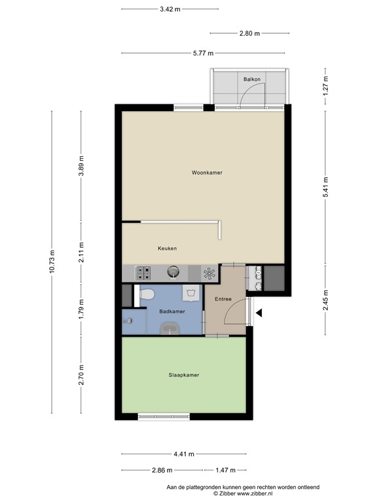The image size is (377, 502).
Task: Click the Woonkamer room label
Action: tap(207, 173)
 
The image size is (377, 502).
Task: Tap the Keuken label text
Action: tap(167, 248)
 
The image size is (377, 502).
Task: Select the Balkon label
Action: tap(251, 79)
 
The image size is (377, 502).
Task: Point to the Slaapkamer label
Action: tap(184, 375)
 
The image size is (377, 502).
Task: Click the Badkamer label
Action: tap(172, 311)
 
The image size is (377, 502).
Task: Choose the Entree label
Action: tap(223, 299)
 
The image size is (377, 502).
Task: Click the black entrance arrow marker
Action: tap(259, 313)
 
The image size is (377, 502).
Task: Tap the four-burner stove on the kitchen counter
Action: tap(143, 273)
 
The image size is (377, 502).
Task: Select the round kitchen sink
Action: tap(173, 273)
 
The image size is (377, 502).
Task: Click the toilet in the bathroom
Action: tap(147, 293)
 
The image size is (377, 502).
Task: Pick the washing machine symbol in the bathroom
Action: tap(190, 293)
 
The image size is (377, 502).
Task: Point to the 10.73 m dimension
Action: tap(52, 261)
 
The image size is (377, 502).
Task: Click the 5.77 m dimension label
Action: tap(204, 53)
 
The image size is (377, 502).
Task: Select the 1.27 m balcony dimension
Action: tap(325, 86)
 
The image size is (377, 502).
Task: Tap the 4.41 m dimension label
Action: tap(184, 454)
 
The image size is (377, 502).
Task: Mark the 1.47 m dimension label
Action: tap(225, 471)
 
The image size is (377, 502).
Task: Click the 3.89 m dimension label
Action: tap(81, 165)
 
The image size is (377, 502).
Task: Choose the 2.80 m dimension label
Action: tap(250, 33)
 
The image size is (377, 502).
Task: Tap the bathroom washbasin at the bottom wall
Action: tap(170, 329)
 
